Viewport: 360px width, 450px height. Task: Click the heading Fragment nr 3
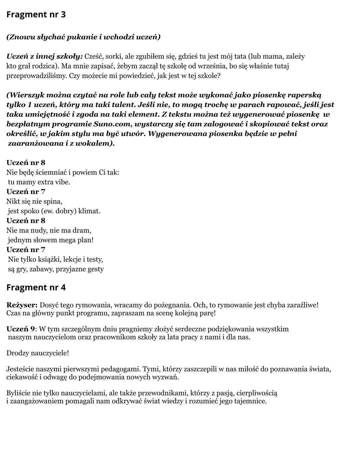(x=36, y=15)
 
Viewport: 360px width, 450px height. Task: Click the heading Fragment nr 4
(x=36, y=287)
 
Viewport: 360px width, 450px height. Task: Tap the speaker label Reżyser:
(x=22, y=305)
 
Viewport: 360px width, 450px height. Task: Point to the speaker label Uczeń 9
(x=21, y=329)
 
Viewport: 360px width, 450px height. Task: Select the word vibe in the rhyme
(x=62, y=182)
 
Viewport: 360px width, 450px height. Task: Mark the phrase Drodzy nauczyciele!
(x=38, y=353)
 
